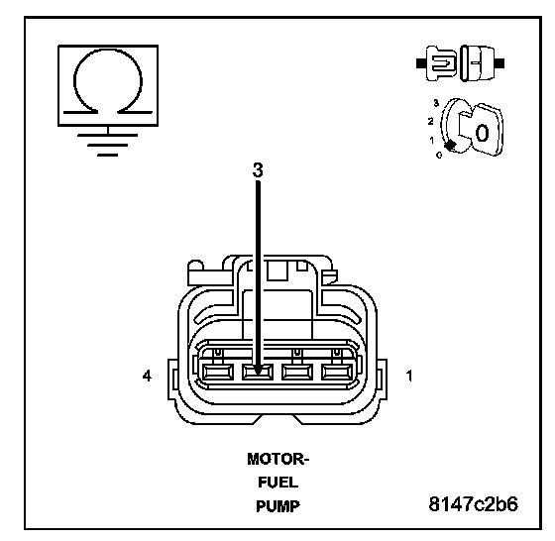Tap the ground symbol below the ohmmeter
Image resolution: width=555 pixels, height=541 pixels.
pos(108,145)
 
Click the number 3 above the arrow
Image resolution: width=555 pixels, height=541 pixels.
pos(258,170)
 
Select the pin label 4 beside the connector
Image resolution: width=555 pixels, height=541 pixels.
pos(147,376)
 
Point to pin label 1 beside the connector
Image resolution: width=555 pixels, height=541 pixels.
pos(409,376)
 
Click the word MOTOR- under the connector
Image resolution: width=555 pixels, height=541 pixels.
pos(278,460)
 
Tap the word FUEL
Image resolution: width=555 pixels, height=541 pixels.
pos(278,483)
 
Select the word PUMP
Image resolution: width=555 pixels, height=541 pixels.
pos(278,506)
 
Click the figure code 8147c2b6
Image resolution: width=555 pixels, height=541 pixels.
pos(474,504)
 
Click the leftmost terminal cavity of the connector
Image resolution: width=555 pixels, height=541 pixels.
pos(218,373)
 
